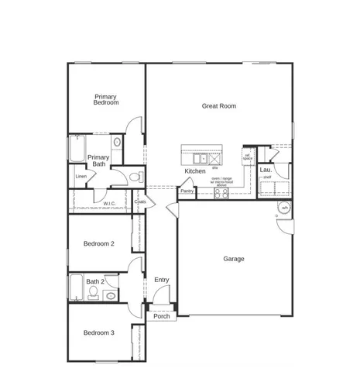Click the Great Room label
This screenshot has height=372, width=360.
point(218,106)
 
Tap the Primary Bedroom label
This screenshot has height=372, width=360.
point(106,99)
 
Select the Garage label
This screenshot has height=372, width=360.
point(234,259)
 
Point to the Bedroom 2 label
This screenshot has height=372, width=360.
point(99,243)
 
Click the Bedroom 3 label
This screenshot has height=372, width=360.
point(99,332)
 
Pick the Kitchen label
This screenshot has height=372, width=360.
point(194,171)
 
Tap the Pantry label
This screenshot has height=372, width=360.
point(187,191)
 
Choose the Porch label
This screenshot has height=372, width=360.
point(162,316)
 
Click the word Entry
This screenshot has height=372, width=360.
point(162,280)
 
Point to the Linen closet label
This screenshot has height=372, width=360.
point(81,176)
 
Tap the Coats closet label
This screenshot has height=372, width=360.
point(140,201)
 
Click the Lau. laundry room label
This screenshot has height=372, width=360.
point(266,169)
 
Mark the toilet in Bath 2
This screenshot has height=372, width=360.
point(93,293)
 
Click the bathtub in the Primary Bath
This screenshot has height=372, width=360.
point(77,150)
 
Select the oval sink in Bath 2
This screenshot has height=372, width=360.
point(110,296)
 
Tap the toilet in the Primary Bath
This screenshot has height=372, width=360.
point(135,177)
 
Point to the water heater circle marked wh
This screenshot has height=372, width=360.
point(284,208)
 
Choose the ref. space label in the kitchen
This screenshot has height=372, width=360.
point(248,157)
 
